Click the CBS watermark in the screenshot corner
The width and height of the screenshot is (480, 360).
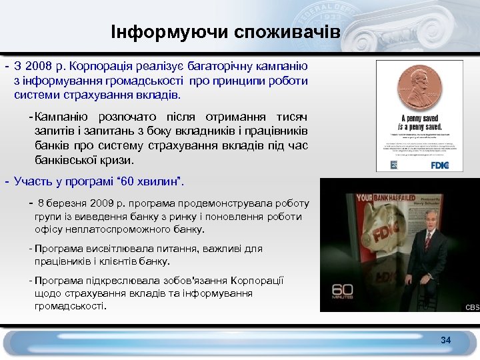click(x=471, y=307)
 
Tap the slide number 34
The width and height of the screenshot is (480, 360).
click(x=445, y=341)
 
